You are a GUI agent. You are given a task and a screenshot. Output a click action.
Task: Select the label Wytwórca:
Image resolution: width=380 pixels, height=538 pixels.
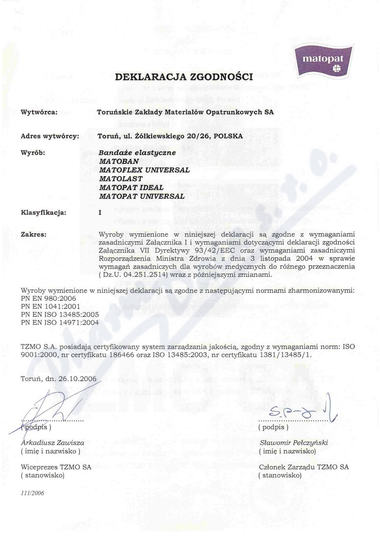pyautogui.click(x=39, y=112)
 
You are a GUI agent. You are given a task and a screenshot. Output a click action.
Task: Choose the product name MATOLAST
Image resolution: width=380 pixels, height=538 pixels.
pyautogui.click(x=121, y=179)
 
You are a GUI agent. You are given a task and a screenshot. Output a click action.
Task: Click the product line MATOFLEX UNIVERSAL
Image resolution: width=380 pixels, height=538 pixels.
pyautogui.click(x=144, y=170)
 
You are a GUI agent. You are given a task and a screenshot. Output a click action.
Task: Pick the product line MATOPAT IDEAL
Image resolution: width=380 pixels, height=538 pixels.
pyautogui.click(x=131, y=187)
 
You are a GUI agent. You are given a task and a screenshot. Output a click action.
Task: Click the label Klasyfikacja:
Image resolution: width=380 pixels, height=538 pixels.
pyautogui.click(x=44, y=212)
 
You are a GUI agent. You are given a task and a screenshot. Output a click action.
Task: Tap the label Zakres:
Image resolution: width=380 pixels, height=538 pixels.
pyautogui.click(x=34, y=234)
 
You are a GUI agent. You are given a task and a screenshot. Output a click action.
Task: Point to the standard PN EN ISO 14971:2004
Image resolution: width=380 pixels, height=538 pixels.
pyautogui.click(x=60, y=323)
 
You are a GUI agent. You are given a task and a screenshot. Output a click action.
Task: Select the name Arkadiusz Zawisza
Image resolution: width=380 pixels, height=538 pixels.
pyautogui.click(x=52, y=442)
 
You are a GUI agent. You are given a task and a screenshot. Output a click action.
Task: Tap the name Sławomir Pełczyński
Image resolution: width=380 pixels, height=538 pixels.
pyautogui.click(x=293, y=442)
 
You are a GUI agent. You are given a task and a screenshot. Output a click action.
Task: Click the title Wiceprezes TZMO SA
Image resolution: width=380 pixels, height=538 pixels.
pyautogui.click(x=56, y=467)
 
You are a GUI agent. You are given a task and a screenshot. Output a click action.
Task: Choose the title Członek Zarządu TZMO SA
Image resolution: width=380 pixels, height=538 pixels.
pyautogui.click(x=303, y=467)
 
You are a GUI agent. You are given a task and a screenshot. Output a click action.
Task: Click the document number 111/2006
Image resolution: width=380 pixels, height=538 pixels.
pyautogui.click(x=33, y=493)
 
